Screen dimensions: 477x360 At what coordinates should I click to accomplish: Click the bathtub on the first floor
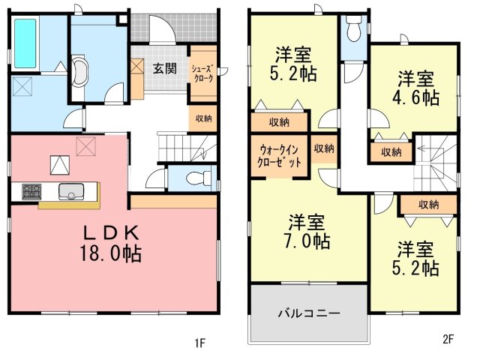(25, 43)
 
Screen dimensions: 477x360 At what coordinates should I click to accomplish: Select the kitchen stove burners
(31, 192)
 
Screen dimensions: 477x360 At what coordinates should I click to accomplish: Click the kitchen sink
(71, 192)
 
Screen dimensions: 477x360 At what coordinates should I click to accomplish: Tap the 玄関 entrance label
(164, 68)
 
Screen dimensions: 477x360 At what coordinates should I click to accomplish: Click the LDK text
(111, 233)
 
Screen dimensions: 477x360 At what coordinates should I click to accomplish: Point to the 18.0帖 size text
(111, 253)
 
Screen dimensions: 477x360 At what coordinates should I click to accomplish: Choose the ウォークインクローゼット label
(279, 156)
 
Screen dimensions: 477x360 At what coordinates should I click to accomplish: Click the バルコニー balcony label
(309, 313)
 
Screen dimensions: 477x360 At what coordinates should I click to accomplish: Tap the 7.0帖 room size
(307, 241)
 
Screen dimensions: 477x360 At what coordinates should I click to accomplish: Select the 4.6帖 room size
(415, 97)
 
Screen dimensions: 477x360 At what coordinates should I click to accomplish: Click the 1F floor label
(199, 343)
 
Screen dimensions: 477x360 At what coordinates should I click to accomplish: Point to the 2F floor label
(448, 339)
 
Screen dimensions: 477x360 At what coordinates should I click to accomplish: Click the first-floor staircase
(187, 148)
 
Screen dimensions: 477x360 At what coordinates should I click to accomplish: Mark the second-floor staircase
(435, 163)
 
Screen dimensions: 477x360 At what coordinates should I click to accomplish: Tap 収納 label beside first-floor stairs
(203, 118)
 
